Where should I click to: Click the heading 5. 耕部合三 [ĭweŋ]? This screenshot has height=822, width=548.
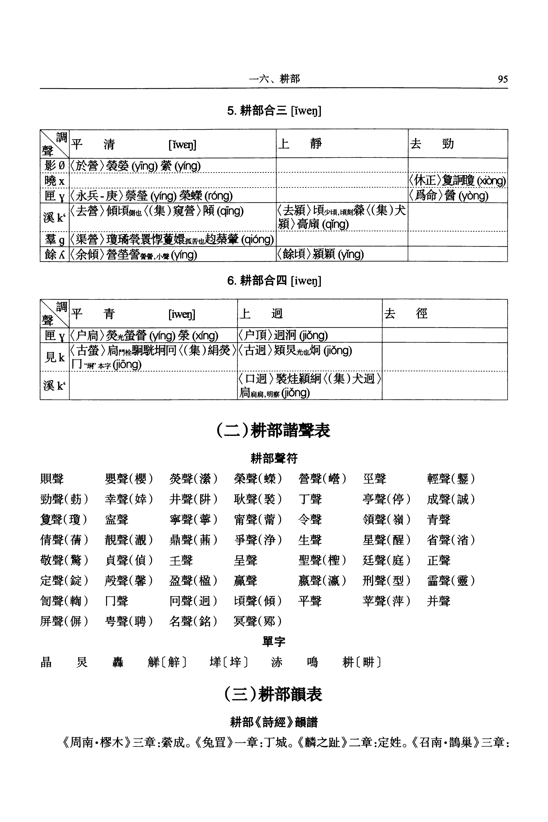[274, 111]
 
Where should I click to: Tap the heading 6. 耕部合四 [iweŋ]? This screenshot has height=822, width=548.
[274, 280]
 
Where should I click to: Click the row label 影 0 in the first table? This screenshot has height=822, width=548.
[55, 165]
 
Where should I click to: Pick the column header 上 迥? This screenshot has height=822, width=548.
[261, 314]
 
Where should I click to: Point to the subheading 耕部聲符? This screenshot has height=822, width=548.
[274, 458]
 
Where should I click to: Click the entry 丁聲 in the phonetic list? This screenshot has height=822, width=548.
[310, 499]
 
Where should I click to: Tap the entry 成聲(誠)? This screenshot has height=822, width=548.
[450, 499]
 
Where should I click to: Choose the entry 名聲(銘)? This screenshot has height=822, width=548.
[193, 621]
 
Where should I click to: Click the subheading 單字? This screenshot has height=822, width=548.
[274, 642]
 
